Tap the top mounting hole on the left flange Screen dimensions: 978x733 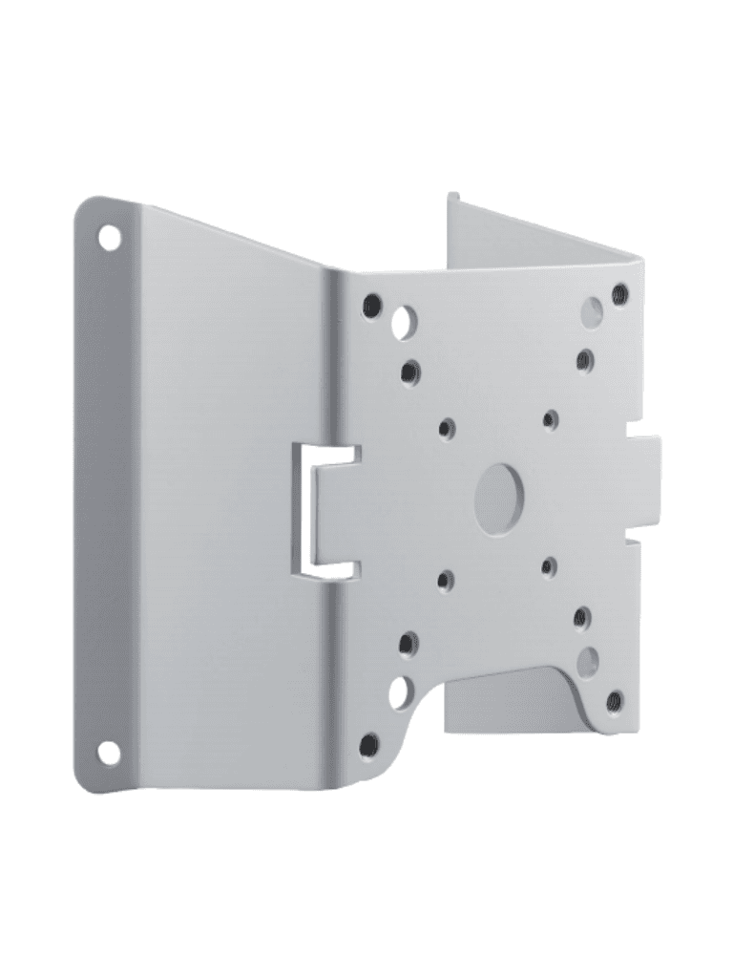110,235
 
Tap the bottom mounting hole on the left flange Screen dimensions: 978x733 109,754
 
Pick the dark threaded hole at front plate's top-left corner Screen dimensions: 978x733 372,306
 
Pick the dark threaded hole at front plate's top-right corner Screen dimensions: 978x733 619,292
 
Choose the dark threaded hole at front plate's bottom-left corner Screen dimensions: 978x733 369,744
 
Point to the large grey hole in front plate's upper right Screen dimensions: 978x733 593,310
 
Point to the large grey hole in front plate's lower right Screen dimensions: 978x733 588,659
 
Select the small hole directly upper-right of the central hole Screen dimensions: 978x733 550,418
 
